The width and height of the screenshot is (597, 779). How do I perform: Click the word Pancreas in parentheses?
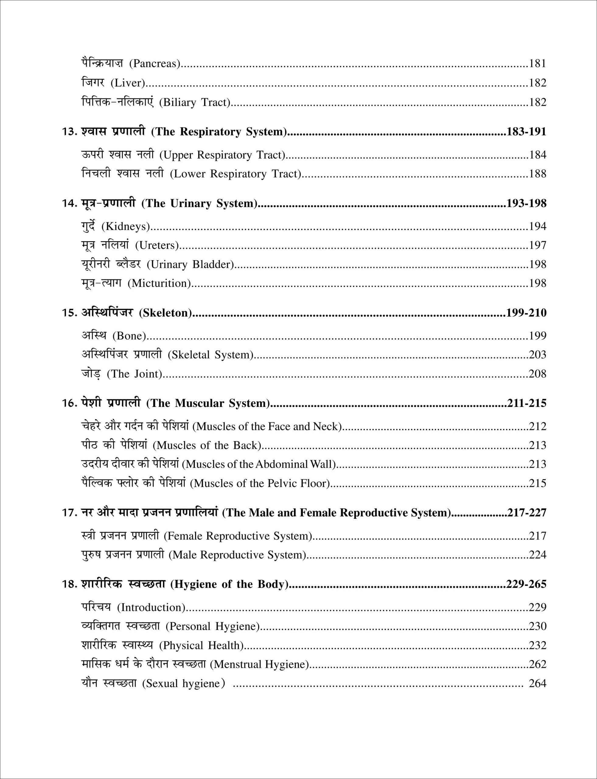155,64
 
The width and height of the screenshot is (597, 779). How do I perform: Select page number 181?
537,64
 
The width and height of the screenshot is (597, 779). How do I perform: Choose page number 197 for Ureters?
537,245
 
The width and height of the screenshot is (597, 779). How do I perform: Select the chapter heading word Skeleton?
165,313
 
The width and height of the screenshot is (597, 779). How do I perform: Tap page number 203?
537,355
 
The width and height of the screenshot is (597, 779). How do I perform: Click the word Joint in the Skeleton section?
146,374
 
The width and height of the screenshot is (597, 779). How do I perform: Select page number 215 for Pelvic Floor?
537,483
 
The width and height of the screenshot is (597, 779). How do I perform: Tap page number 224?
537,555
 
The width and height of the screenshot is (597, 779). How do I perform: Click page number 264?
537,683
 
